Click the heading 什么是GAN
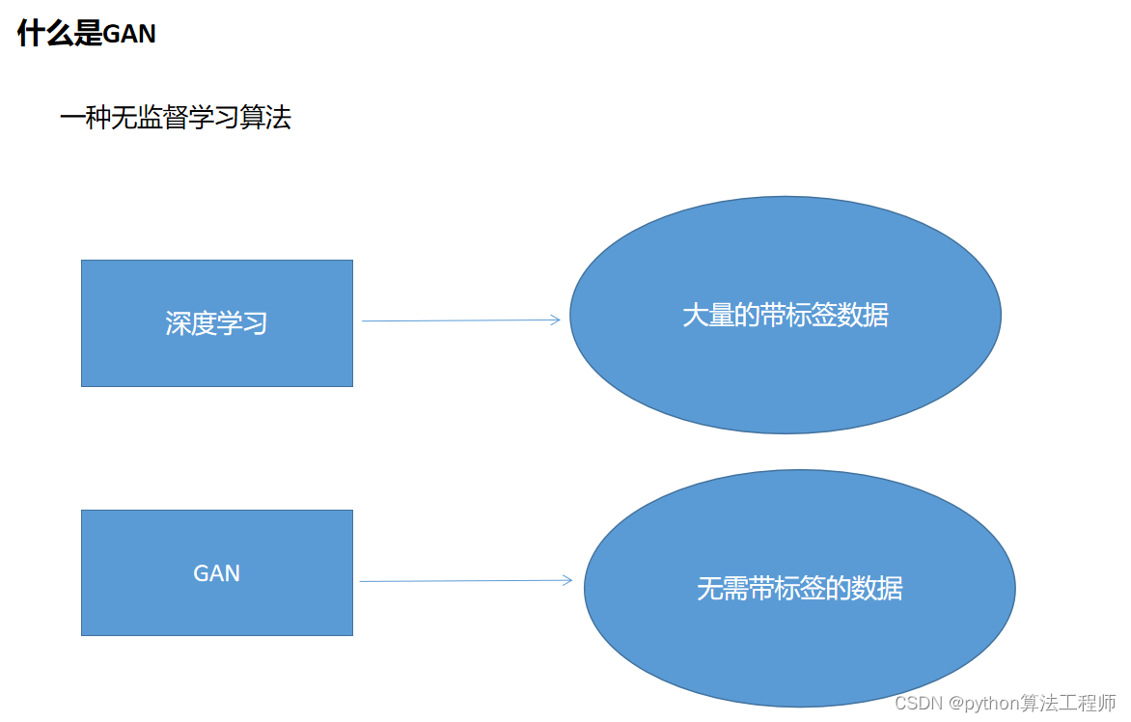87,35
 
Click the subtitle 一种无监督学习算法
175,119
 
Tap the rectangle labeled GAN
217,608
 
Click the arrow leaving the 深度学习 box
454,320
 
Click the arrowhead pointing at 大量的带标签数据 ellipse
555,319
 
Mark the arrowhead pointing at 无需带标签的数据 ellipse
566,580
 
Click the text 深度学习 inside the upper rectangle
216,323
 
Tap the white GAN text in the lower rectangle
216,573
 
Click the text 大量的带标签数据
785,316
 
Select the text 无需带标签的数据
799,588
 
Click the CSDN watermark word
919,704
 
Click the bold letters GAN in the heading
129,35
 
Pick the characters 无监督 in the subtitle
136,119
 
